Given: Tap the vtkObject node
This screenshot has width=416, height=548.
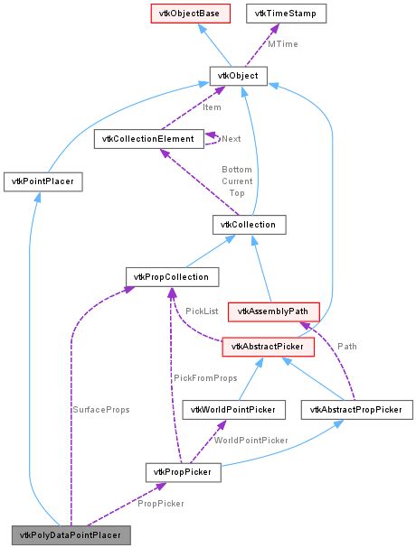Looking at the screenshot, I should click(237, 77).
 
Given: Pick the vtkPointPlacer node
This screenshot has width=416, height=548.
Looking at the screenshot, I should click(43, 181).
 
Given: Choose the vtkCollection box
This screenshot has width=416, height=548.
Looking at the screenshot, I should click(249, 223).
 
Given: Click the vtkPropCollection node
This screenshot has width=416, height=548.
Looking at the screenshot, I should click(166, 276).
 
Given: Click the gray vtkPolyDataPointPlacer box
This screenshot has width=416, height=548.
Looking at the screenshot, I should click(71, 534).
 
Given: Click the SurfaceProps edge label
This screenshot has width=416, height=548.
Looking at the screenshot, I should click(102, 410).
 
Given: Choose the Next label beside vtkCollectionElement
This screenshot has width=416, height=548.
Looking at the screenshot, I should click(232, 140).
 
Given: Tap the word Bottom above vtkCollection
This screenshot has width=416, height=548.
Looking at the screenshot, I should click(237, 169).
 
